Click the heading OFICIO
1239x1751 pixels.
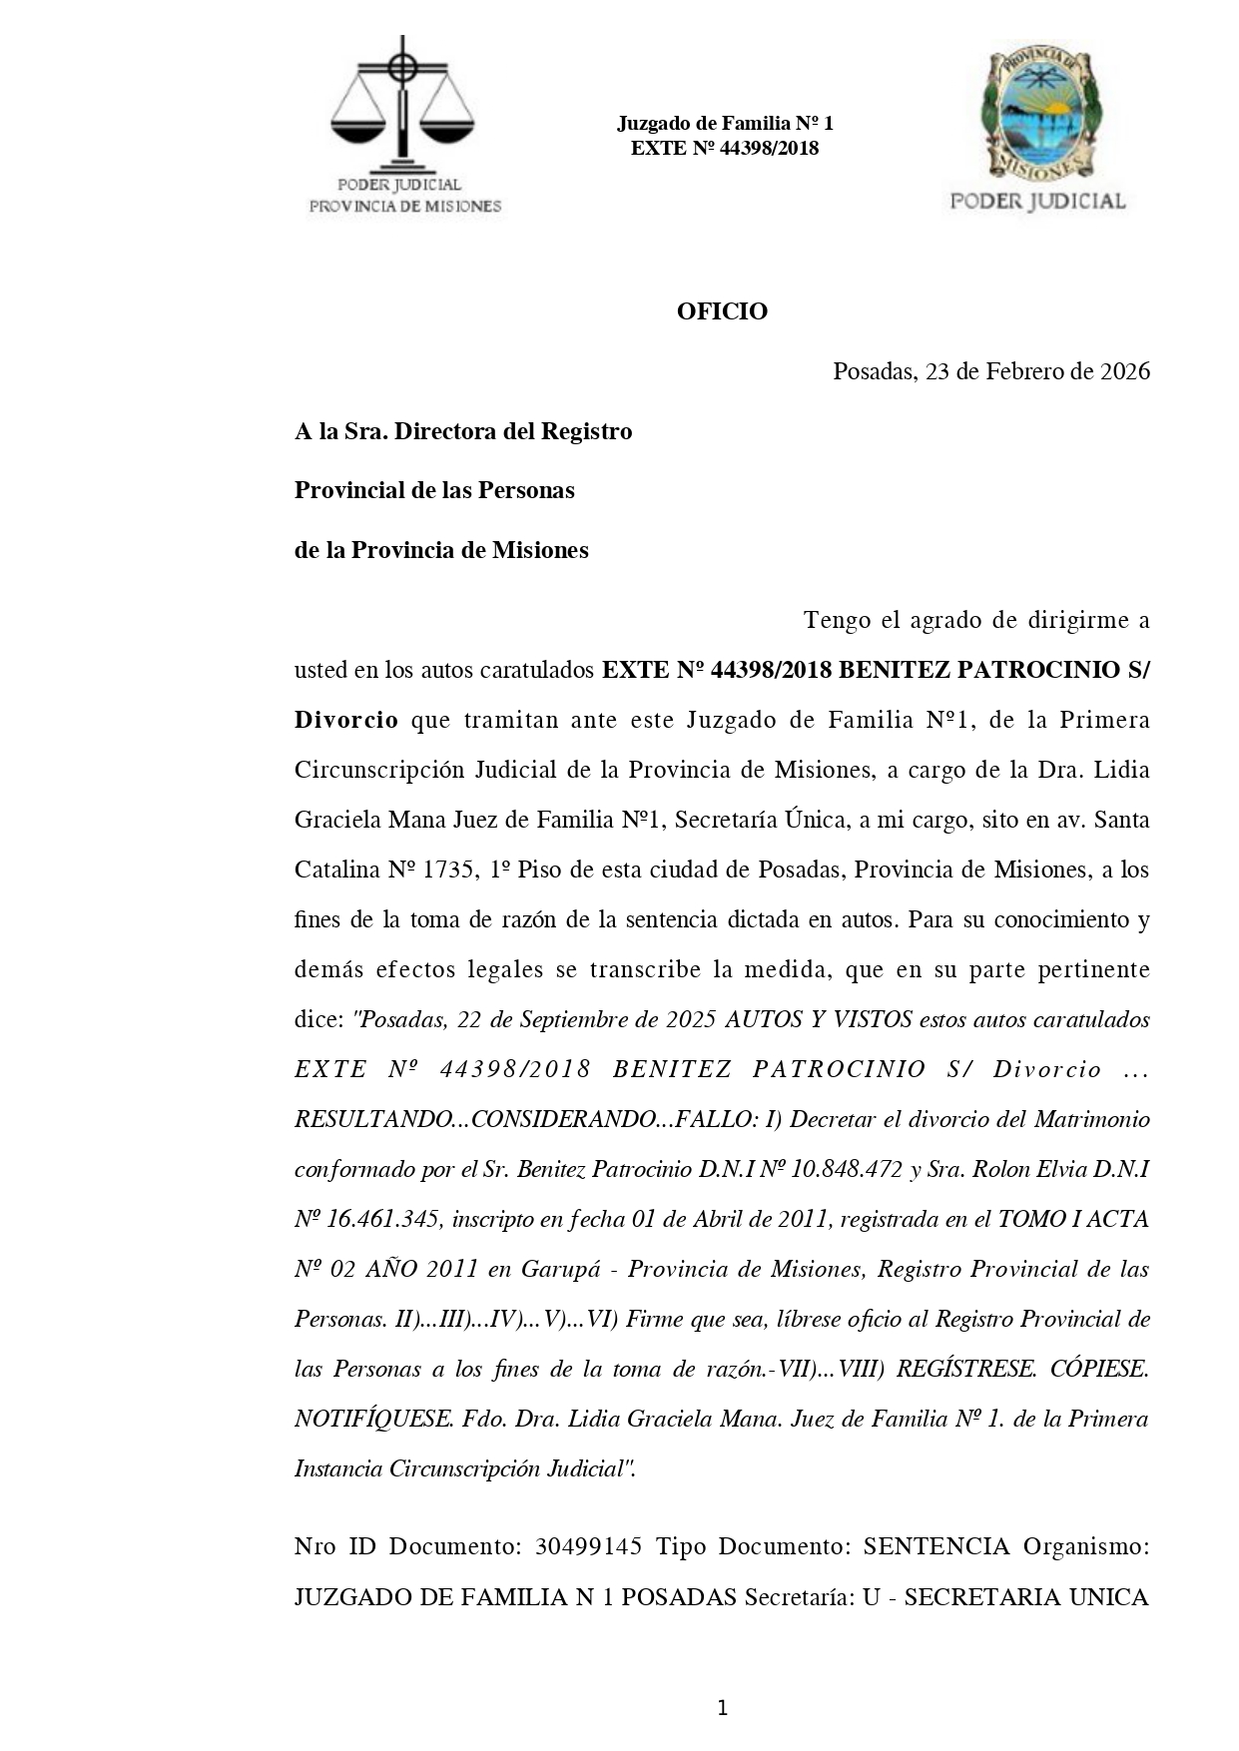pyautogui.click(x=722, y=311)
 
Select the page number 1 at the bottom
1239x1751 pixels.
pyautogui.click(x=722, y=1708)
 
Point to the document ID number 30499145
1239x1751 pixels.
pyautogui.click(x=588, y=1546)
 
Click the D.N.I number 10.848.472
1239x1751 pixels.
pyautogui.click(x=847, y=1169)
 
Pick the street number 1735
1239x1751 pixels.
pyautogui.click(x=448, y=870)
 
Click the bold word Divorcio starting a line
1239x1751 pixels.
pyautogui.click(x=345, y=720)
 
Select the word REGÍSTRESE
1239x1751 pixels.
pyautogui.click(x=965, y=1369)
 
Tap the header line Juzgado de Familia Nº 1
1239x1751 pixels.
pyautogui.click(x=724, y=124)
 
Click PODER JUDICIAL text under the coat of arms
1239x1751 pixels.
pyautogui.click(x=1037, y=201)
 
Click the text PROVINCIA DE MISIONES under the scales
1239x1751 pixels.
pyautogui.click(x=404, y=207)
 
